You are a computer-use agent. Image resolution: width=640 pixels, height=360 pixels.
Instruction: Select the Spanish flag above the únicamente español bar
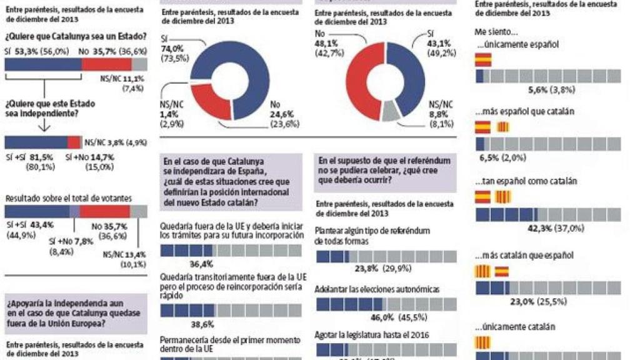[483, 59]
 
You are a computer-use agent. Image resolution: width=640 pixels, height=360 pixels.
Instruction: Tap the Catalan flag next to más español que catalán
[503, 127]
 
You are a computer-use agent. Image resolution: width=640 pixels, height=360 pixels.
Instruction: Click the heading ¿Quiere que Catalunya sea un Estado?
[72, 37]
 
